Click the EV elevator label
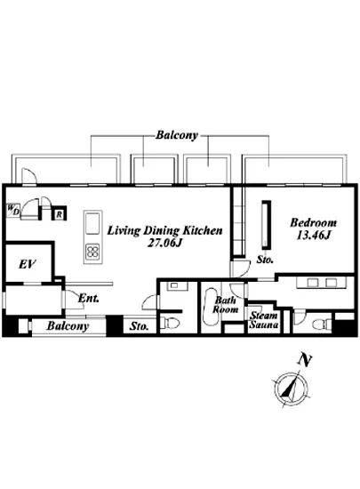click(28, 264)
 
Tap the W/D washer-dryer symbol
click(13, 210)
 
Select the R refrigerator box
click(59, 214)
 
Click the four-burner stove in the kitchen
click(92, 251)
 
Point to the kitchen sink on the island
click(92, 223)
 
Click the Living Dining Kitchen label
click(164, 231)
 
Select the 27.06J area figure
click(164, 243)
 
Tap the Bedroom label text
click(313, 222)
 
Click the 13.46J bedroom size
click(313, 236)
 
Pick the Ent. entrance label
click(89, 298)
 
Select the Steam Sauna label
click(263, 320)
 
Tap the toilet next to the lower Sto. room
click(170, 323)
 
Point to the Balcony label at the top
click(177, 135)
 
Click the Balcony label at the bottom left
click(68, 326)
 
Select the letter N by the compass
click(305, 360)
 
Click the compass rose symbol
click(292, 389)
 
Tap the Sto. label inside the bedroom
click(265, 259)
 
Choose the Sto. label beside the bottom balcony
click(139, 326)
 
